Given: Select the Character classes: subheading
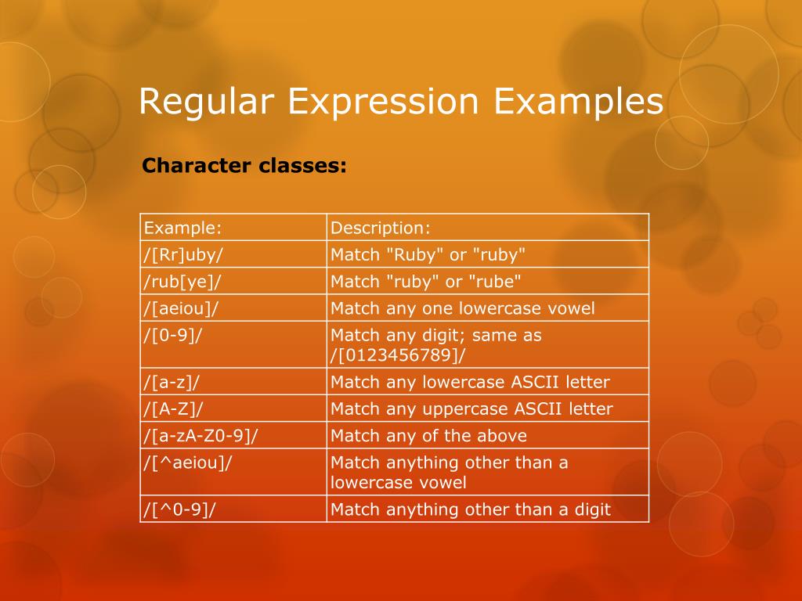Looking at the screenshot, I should (x=244, y=166).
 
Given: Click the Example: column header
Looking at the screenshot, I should (x=182, y=228).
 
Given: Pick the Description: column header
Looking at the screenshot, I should (x=381, y=228).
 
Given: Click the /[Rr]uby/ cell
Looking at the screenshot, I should (x=184, y=254).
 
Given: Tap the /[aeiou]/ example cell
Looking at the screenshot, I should (x=180, y=308).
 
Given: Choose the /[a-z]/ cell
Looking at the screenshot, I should (x=173, y=382).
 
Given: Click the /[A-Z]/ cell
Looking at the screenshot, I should (x=175, y=408).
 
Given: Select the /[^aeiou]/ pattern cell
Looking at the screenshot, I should (x=188, y=462).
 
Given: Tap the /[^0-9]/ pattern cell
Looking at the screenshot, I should (x=179, y=509).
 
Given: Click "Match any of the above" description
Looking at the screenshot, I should (x=428, y=435).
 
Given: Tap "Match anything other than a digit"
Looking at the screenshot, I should (x=470, y=509).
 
